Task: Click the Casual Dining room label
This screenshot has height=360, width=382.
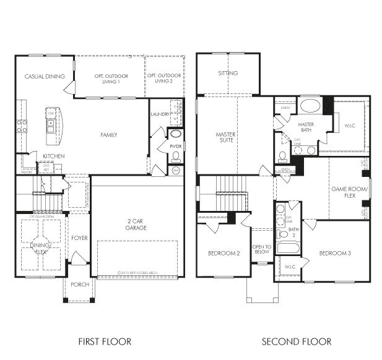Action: coord(45,77)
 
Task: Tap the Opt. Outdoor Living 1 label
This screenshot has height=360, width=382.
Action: coord(107,79)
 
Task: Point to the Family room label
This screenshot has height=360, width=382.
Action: coord(109,135)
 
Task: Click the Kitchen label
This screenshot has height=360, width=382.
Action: coord(53,156)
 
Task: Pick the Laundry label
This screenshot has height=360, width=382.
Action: coord(159,114)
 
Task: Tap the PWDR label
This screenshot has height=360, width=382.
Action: coord(175,147)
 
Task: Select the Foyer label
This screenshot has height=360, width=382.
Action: coord(79,238)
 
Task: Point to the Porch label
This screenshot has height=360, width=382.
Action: coord(80,285)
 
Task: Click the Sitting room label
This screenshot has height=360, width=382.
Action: coord(228,74)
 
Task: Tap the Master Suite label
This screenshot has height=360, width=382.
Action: coord(227,137)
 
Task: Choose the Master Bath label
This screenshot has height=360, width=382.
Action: coord(305,127)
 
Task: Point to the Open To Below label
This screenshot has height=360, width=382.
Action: coord(261,249)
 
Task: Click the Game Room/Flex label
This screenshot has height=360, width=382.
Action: coord(349,192)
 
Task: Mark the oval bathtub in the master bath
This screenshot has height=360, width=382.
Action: coord(310,105)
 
